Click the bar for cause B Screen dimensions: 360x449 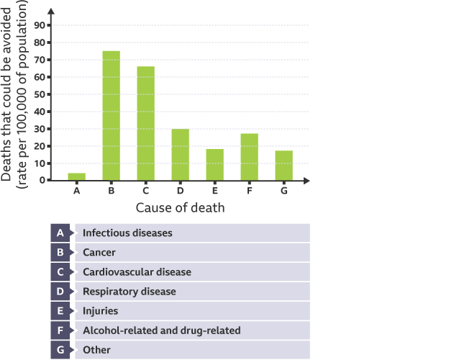point(112,116)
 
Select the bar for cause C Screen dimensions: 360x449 point(146,123)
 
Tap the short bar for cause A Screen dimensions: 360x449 point(77,177)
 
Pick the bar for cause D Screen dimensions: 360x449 point(181,155)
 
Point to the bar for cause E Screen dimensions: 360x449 point(215,165)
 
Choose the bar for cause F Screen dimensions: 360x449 point(250,157)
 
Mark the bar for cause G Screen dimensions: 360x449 point(284,166)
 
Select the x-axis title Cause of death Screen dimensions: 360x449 point(180,208)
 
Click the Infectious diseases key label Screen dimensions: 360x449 point(127,233)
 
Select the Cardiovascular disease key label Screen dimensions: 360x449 point(137,272)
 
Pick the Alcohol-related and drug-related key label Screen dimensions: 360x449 point(161,330)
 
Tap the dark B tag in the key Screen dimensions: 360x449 point(60,253)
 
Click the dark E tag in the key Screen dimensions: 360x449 point(60,311)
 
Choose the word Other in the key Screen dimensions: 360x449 point(97,350)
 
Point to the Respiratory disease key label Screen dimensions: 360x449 point(129,292)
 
